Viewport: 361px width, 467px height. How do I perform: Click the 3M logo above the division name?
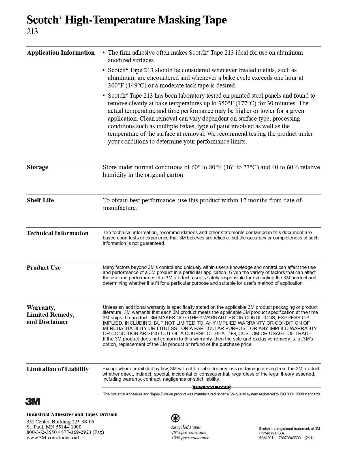pyautogui.click(x=33, y=401)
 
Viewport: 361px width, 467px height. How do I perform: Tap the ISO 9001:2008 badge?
pyautogui.click(x=211, y=387)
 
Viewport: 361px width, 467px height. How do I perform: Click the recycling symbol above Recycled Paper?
pyautogui.click(x=176, y=418)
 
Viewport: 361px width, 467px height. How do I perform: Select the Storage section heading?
pyautogui.click(x=37, y=167)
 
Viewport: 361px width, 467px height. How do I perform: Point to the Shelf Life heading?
pyautogui.click(x=40, y=200)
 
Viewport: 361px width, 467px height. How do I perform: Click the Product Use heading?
pyautogui.click(x=44, y=268)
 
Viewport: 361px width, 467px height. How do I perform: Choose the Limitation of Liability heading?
pyautogui.click(x=57, y=369)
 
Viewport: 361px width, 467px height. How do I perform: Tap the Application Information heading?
pyautogui.click(x=61, y=53)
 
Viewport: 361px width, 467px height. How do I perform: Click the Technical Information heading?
pyautogui.click(x=57, y=233)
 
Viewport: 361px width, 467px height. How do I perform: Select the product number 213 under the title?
pyautogui.click(x=32, y=32)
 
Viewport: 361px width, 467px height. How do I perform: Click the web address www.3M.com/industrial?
pyautogui.click(x=53, y=438)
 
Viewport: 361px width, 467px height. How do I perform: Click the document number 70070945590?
pyautogui.click(x=290, y=438)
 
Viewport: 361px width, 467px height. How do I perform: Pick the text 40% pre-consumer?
pyautogui.click(x=189, y=432)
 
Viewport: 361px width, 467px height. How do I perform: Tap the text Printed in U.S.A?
pyautogui.click(x=272, y=433)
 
